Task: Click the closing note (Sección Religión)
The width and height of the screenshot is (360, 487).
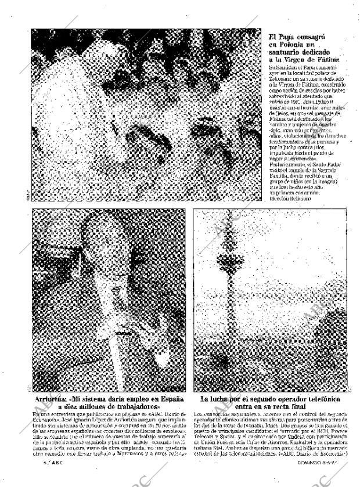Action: pos(290,199)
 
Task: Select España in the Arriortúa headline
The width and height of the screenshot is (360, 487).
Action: pos(168,400)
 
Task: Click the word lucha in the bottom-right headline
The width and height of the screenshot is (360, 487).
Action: pos(223,400)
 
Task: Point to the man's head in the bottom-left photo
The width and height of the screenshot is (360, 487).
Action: pos(105,244)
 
